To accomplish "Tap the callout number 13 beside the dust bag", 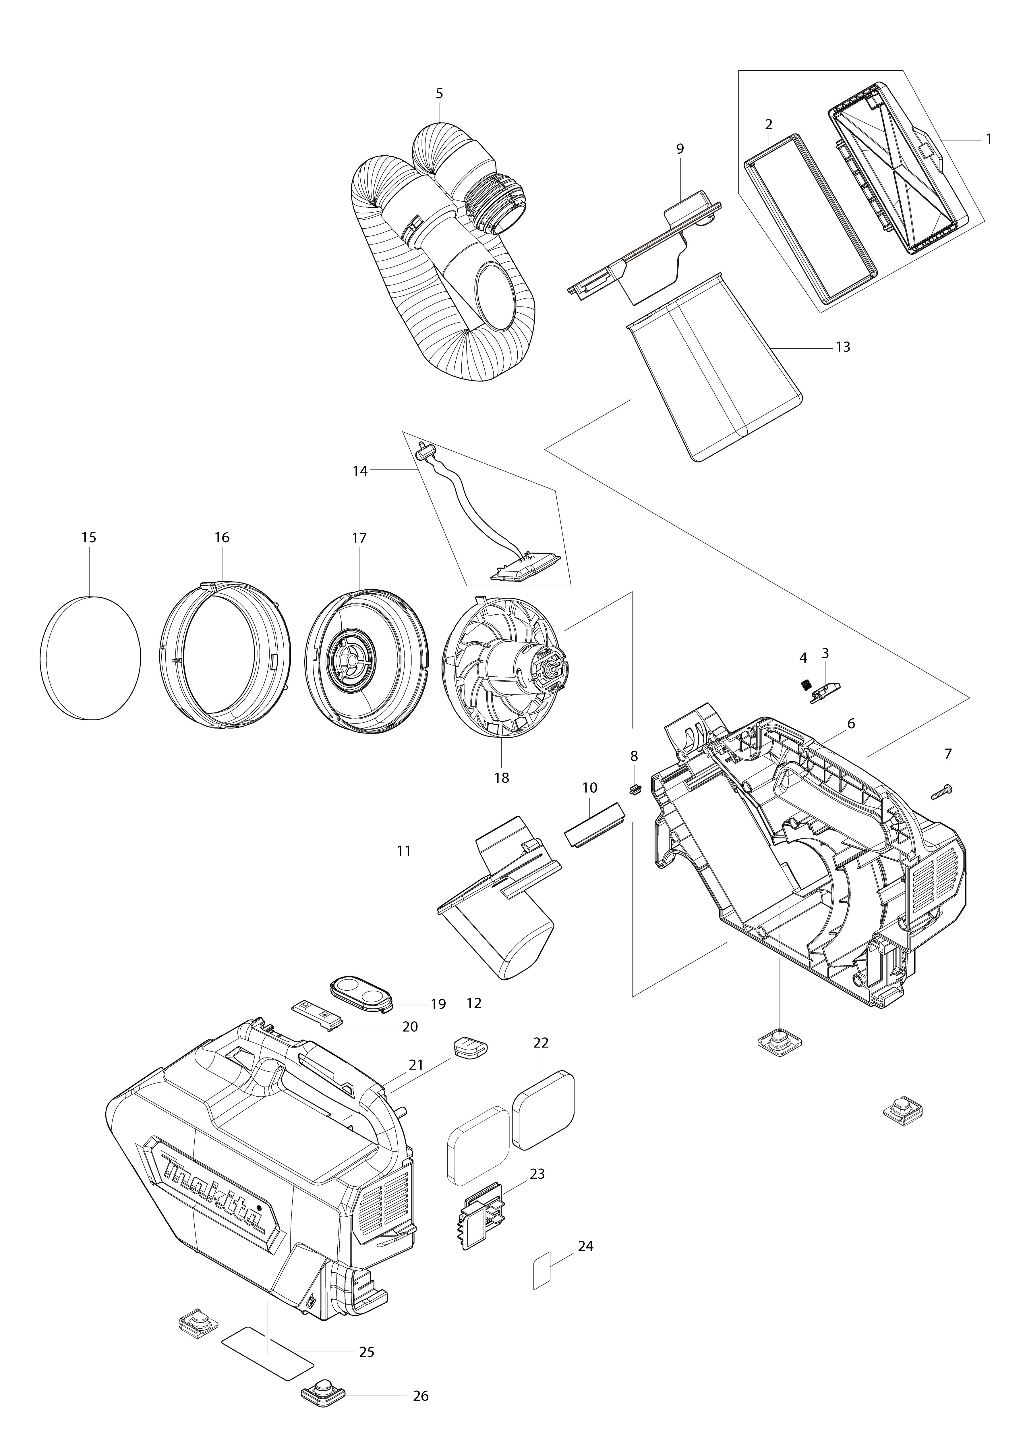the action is click(843, 347).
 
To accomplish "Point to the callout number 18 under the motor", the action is click(502, 778).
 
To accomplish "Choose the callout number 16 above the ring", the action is click(222, 538).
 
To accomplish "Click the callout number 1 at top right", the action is click(988, 139).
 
